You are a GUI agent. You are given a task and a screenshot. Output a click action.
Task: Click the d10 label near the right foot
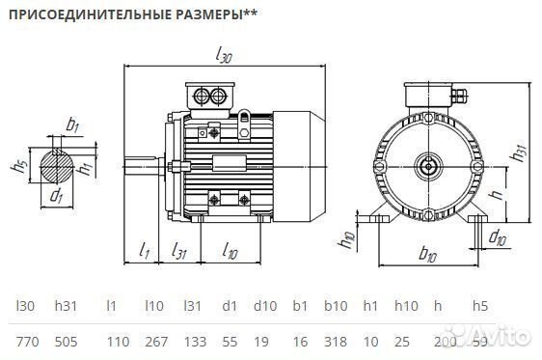pos(497,237)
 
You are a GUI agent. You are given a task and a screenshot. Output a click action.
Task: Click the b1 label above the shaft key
pos(71,125)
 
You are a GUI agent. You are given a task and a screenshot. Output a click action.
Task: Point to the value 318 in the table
pos(336,341)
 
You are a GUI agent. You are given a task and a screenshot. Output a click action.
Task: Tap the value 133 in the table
pos(193,341)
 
